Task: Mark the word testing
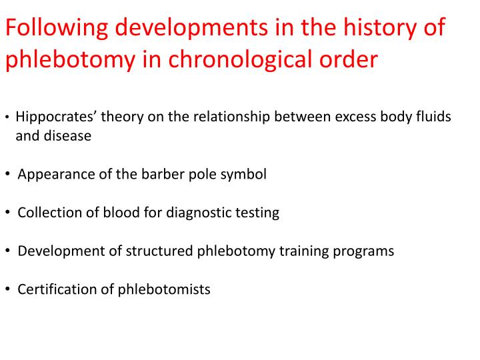[x=257, y=213]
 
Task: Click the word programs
[x=364, y=251]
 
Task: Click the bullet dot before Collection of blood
[x=7, y=213]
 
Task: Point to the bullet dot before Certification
[x=7, y=289]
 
